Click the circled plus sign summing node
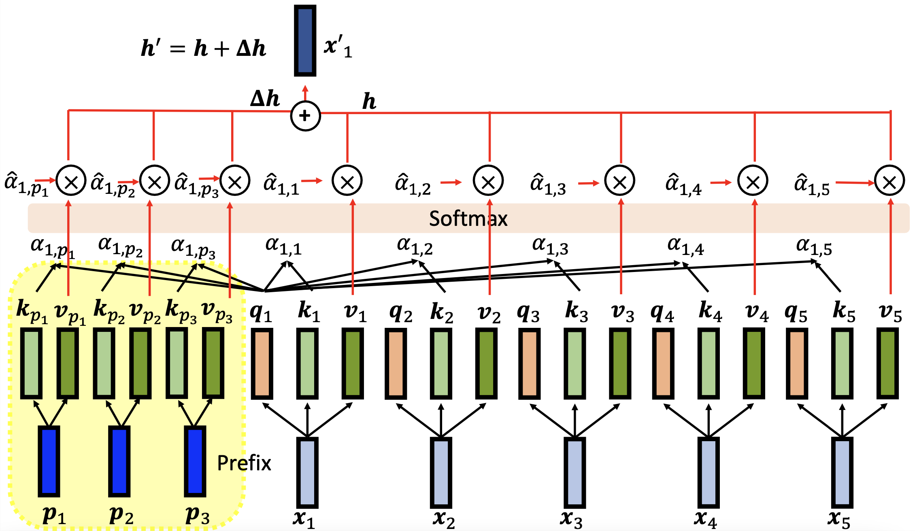305,116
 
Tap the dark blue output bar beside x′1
305,40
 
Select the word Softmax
468,219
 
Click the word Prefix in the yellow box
244,463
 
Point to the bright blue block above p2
119,461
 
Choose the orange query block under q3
529,363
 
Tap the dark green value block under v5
887,363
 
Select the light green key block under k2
441,363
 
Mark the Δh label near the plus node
265,98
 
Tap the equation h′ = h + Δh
203,48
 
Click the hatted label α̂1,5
812,185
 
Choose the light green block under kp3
177,363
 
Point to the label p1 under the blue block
54,515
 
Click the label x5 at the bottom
838,519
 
